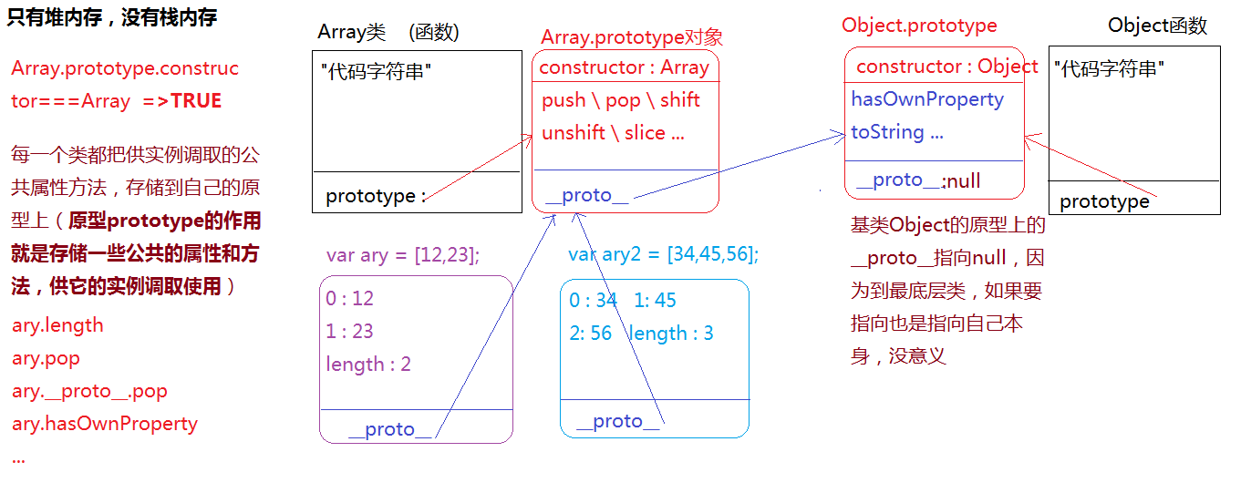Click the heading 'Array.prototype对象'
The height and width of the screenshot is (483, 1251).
(x=631, y=37)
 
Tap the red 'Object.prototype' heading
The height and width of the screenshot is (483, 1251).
(x=919, y=26)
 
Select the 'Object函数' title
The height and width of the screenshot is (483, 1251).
(x=1157, y=26)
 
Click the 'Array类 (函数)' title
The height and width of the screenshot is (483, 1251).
(x=388, y=32)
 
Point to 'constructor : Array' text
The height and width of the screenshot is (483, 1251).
(x=624, y=67)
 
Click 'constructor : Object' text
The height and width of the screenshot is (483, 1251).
(x=946, y=67)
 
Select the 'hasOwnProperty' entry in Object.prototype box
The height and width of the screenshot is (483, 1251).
(x=927, y=99)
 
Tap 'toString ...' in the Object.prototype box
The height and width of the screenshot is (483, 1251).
(x=897, y=132)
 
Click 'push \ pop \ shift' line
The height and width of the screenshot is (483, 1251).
(x=621, y=100)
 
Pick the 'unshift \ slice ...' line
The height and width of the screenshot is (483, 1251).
(x=613, y=133)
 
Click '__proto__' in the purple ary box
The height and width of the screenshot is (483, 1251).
(x=389, y=429)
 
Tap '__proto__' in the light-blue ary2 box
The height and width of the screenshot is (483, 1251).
(x=617, y=421)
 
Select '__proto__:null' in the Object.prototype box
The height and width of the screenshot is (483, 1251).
(x=914, y=180)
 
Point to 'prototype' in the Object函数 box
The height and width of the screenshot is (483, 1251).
(x=1104, y=201)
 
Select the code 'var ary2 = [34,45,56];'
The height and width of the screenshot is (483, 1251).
(x=663, y=254)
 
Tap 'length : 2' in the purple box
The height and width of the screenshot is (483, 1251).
(x=368, y=365)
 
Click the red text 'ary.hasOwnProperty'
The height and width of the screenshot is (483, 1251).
(x=105, y=424)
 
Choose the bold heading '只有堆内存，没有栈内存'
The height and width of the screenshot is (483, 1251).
(x=112, y=17)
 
